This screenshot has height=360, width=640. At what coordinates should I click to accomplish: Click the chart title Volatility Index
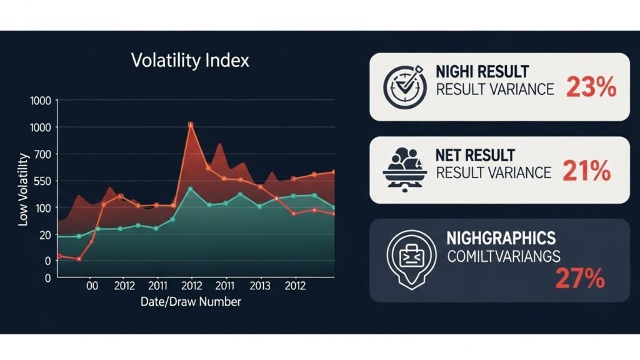pos(190,61)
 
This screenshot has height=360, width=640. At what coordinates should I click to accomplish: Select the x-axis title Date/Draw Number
pos(191,302)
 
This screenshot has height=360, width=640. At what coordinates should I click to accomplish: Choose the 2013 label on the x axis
pos(259,286)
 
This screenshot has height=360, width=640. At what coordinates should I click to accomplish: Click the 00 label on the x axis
pos(92,286)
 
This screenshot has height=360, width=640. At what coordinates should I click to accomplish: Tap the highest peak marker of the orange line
pos(191,125)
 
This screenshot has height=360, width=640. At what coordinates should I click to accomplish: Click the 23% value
pos(591,88)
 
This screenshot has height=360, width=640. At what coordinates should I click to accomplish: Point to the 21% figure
pos(586,171)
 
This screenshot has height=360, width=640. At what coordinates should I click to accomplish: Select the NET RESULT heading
pos(476,154)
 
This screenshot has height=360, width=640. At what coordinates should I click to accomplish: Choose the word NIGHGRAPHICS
pos(501,238)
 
